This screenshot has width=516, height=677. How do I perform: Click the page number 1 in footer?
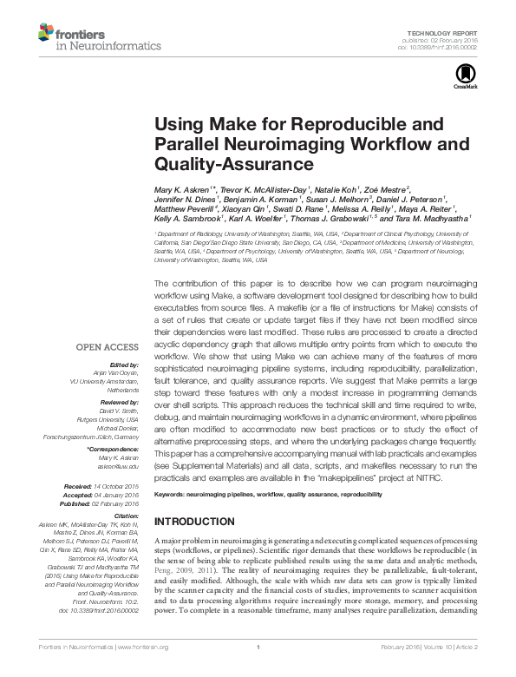pyautogui.click(x=258, y=660)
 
